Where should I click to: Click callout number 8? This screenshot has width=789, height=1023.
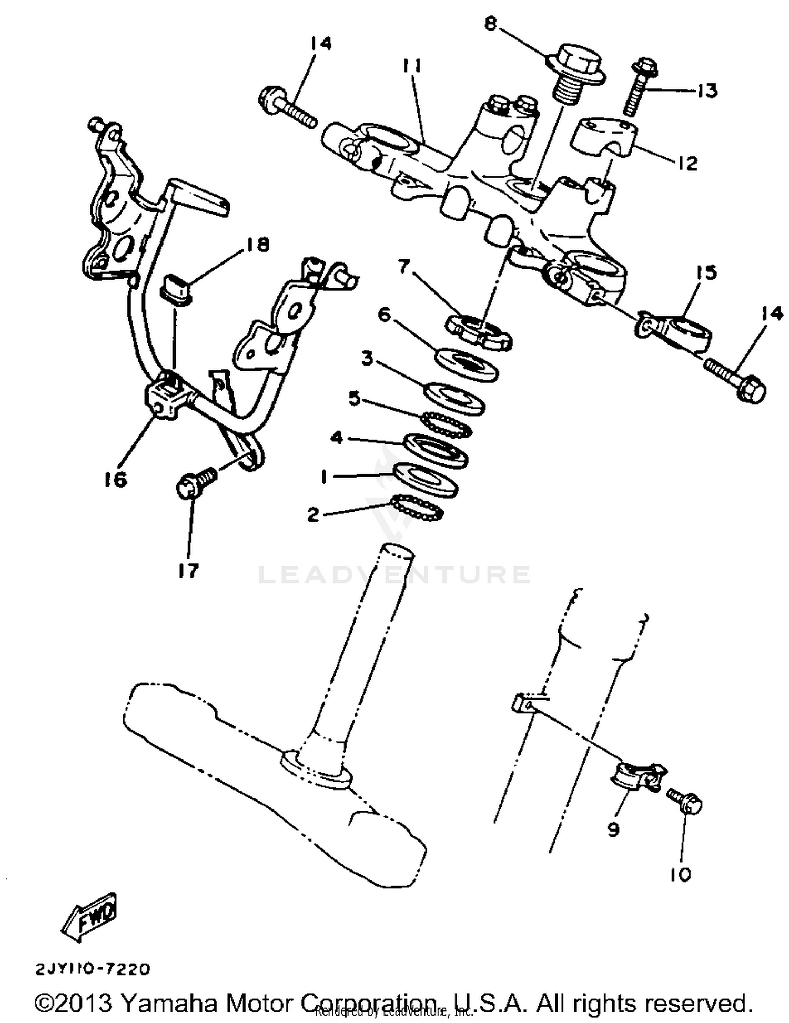490,24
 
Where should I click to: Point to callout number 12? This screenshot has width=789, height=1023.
686,164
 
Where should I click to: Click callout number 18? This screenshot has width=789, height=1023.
256,245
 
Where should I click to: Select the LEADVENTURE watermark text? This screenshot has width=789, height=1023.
394,574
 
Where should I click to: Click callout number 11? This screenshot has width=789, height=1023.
413,67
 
